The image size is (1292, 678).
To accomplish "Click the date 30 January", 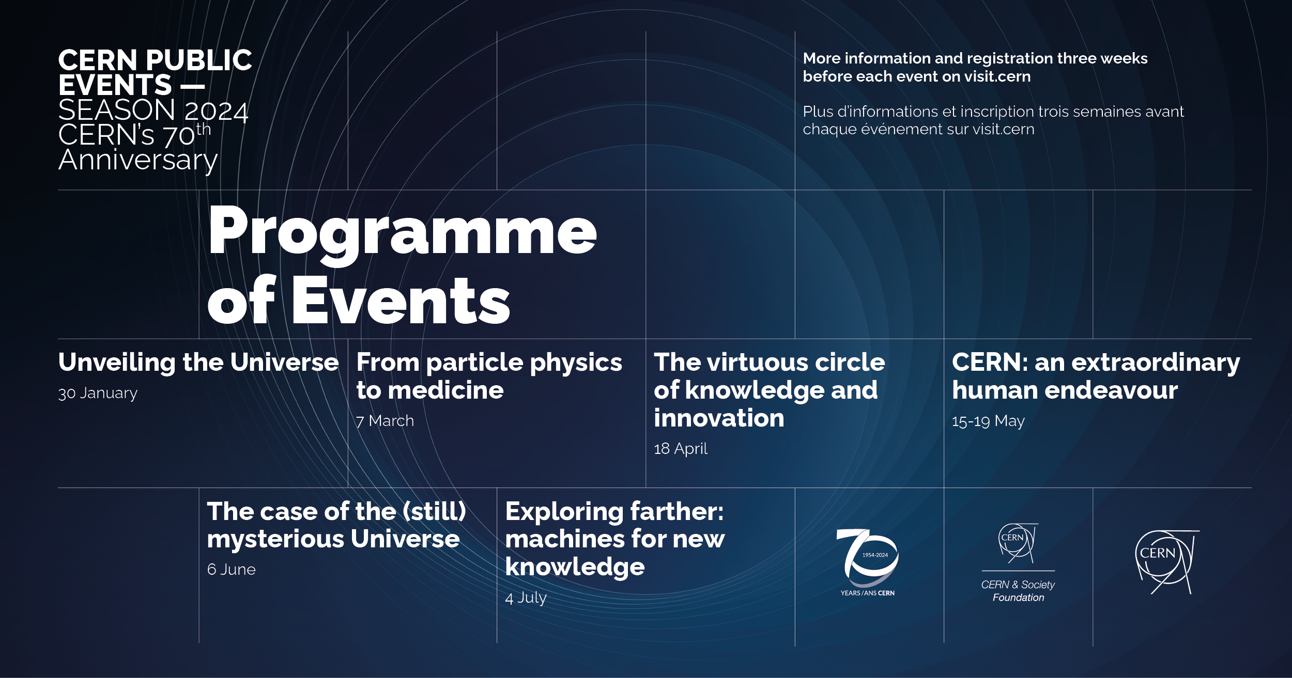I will (x=98, y=393).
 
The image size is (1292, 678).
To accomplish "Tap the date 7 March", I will (x=385, y=421).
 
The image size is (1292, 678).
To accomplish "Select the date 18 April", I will (x=680, y=449).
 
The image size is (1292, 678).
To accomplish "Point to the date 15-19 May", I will (x=988, y=421).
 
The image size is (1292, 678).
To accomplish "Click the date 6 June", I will (x=231, y=570).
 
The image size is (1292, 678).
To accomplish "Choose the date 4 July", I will (x=526, y=598).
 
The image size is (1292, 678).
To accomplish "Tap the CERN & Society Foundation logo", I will (x=1018, y=563).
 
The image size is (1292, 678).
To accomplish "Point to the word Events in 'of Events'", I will (x=401, y=301).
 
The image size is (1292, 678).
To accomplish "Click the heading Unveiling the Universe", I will (x=198, y=362).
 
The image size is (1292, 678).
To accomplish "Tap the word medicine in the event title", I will (x=445, y=390).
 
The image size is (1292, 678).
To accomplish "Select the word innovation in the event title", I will (x=718, y=418).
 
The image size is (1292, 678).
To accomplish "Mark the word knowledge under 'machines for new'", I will (x=575, y=567).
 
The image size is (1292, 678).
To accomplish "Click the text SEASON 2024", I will (x=153, y=111).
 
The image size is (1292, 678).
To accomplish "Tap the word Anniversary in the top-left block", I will (x=137, y=160).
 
